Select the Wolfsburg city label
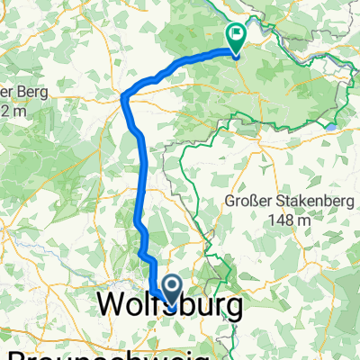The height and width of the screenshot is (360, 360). click(x=168, y=306)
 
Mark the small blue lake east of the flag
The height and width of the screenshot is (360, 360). click(x=333, y=128)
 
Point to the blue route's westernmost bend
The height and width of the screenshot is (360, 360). click(x=123, y=97)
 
